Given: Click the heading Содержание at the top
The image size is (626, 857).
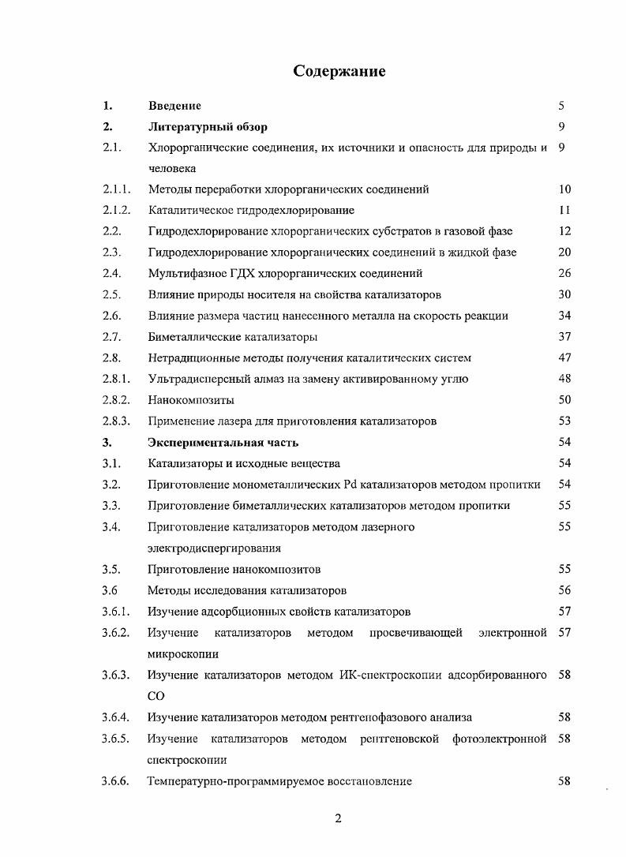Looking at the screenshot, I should (x=339, y=72).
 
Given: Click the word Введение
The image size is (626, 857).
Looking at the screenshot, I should (x=174, y=106).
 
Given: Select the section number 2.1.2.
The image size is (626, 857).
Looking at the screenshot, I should (x=115, y=211).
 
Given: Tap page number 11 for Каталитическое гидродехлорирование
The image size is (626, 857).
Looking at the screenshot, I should (x=564, y=211).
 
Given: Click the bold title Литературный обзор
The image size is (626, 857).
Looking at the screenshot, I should (x=208, y=126).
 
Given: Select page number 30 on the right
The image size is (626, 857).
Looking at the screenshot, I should (x=564, y=295).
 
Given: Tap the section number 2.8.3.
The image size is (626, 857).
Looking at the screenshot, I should (x=115, y=421).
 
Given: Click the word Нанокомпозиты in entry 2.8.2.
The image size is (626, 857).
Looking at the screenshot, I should (x=190, y=400).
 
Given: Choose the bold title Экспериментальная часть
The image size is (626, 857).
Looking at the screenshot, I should (x=223, y=443).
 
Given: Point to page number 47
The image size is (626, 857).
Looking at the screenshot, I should (x=564, y=358).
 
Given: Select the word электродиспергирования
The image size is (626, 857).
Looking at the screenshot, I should (x=214, y=548).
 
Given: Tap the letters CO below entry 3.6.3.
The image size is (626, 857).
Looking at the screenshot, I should (x=156, y=697).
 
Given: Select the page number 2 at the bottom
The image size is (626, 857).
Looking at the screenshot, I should (x=338, y=818).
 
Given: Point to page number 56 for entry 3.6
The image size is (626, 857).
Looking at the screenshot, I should (x=564, y=590).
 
